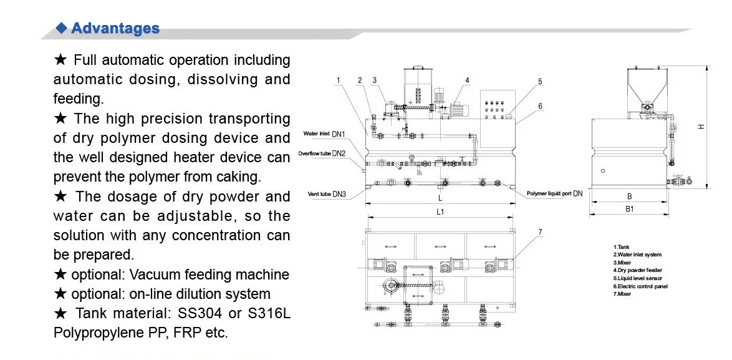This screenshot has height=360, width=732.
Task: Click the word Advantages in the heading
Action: tap(115, 28)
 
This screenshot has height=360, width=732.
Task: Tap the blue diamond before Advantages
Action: tap(61, 27)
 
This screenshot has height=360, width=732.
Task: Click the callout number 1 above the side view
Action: tap(337, 80)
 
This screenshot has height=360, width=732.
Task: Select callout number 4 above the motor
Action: tap(467, 80)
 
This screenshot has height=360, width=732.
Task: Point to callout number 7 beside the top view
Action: tap(540, 232)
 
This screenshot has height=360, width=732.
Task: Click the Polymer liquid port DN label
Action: tap(554, 194)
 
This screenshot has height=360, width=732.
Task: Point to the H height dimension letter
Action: tap(701, 127)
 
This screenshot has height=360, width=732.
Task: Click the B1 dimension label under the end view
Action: tap(630, 209)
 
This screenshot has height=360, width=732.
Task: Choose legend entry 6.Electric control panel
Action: tap(640, 286)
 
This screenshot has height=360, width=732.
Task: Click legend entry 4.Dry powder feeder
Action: tap(637, 270)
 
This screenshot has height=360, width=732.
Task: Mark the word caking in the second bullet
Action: tap(240, 177)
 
